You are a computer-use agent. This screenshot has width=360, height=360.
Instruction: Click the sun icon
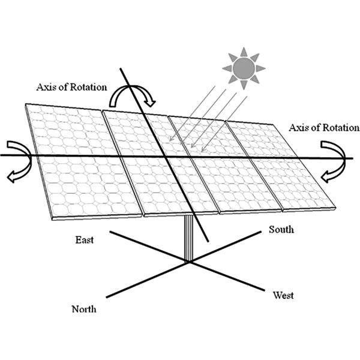pyautogui.click(x=244, y=68)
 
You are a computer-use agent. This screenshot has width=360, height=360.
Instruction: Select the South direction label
pyautogui.click(x=281, y=229)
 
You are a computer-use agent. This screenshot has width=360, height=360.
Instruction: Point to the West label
pyautogui.click(x=283, y=295)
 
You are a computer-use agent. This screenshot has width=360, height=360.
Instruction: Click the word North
pyautogui.click(x=84, y=310)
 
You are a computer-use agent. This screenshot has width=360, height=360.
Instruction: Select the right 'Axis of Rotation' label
pyautogui.click(x=324, y=128)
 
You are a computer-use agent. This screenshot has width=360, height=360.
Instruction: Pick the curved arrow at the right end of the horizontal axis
pyautogui.click(x=334, y=160)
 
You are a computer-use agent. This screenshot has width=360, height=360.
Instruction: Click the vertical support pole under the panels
pyautogui.click(x=188, y=237)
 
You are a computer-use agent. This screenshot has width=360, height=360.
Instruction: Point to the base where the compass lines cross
pyautogui.click(x=188, y=261)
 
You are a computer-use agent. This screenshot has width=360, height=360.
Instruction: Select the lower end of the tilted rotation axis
pyautogui.click(x=208, y=241)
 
